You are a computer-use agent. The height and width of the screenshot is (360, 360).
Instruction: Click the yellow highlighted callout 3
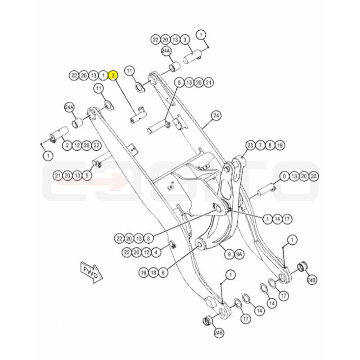[113, 75]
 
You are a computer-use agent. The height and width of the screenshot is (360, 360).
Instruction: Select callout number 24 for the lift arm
[216, 116]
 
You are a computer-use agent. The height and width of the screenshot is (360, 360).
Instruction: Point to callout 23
[251, 145]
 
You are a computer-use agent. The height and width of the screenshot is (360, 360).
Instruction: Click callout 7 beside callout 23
[261, 145]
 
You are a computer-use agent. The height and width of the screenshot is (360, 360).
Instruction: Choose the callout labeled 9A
[239, 254]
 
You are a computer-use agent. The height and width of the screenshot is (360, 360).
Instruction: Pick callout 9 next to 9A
[229, 254]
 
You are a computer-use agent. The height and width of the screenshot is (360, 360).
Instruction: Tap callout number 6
[163, 273]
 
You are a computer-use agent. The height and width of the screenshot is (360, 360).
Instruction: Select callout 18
[153, 273]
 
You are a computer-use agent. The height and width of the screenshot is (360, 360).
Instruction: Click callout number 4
[156, 253]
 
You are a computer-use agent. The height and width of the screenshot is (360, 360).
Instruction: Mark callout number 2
[67, 145]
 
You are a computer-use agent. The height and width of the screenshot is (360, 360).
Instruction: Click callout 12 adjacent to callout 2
[77, 145]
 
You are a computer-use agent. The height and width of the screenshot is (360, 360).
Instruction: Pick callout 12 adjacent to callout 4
[147, 253]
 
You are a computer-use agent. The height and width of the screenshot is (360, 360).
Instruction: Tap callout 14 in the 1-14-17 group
[277, 219]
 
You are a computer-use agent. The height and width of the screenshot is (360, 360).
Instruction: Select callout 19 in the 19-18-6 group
[144, 273]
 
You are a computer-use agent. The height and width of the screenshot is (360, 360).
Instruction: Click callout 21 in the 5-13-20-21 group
[208, 82]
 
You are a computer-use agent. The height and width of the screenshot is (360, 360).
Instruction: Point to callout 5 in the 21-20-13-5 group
[87, 176]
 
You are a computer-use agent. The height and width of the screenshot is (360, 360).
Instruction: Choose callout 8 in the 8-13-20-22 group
[284, 176]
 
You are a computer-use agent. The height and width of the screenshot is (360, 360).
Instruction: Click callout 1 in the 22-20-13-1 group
[103, 75]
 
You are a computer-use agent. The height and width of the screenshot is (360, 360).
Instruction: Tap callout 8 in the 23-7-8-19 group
[270, 145]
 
